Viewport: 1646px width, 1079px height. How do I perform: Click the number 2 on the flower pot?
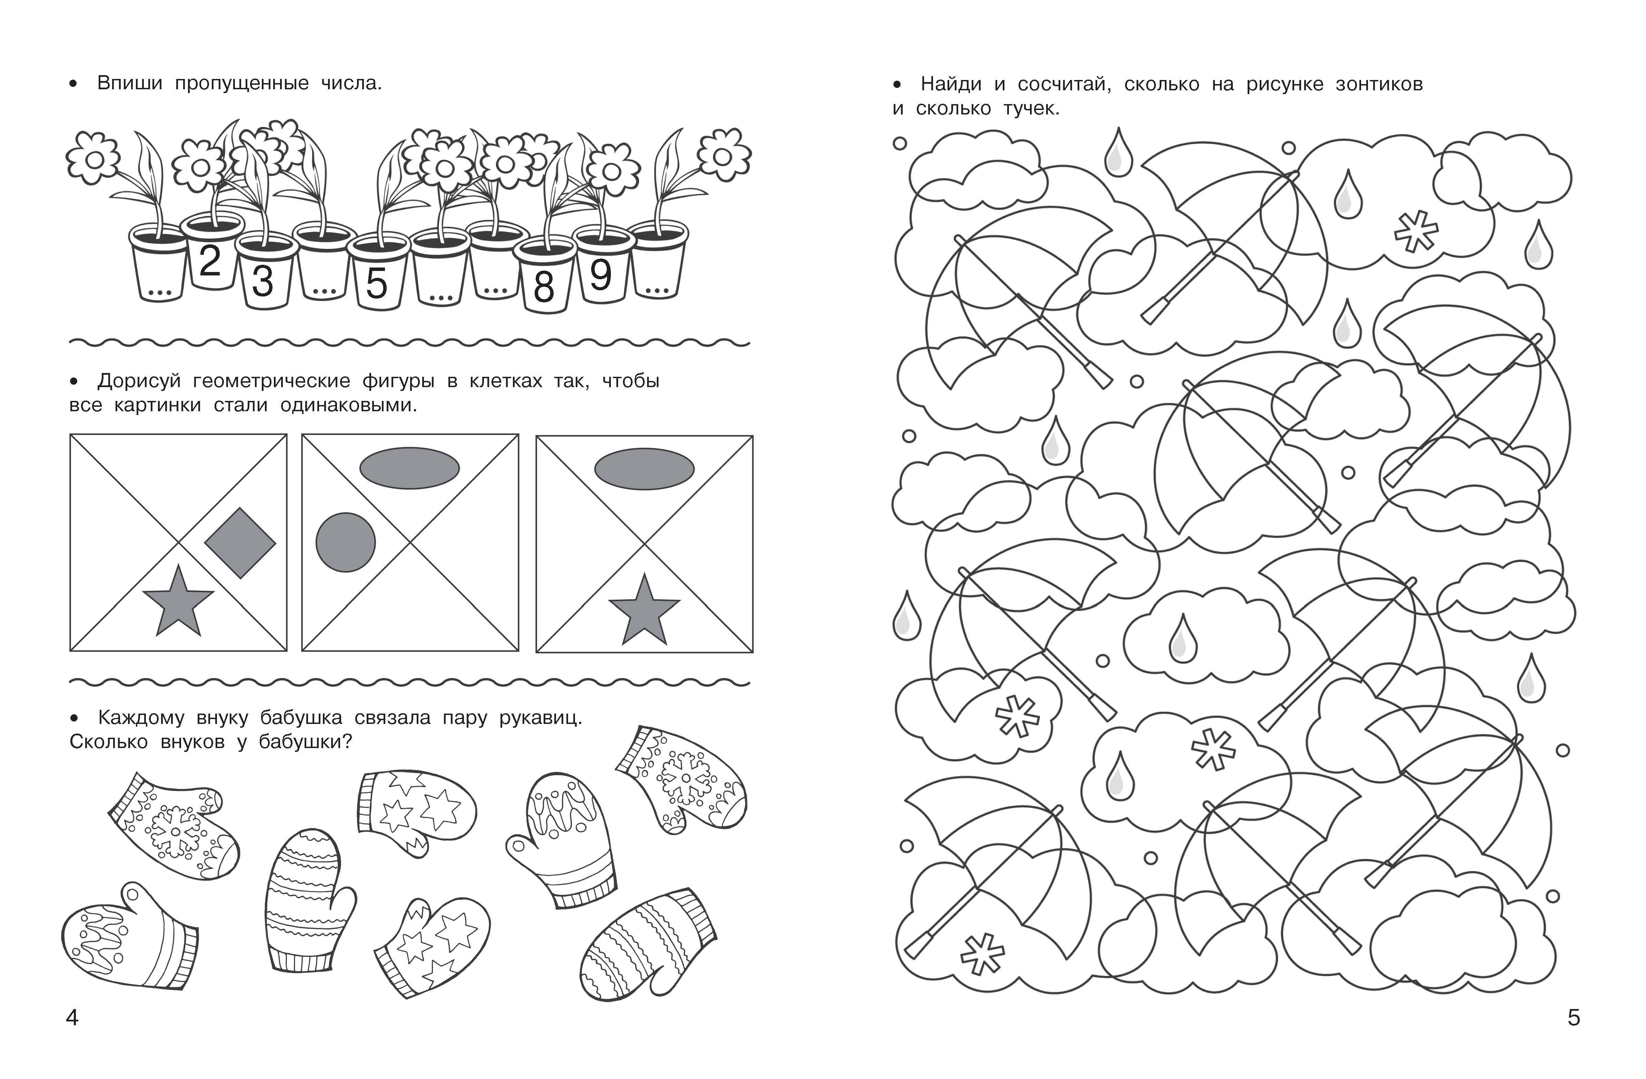(x=210, y=261)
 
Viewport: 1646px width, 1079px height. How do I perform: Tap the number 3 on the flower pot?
(x=263, y=281)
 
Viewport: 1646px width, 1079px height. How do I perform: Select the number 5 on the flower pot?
(x=376, y=283)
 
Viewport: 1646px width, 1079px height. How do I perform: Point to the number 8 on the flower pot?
(x=544, y=287)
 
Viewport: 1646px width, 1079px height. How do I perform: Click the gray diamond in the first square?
(x=240, y=543)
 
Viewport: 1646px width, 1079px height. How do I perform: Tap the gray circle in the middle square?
(x=346, y=543)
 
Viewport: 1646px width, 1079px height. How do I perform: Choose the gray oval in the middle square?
(x=409, y=468)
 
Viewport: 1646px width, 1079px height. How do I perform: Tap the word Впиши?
(x=130, y=84)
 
